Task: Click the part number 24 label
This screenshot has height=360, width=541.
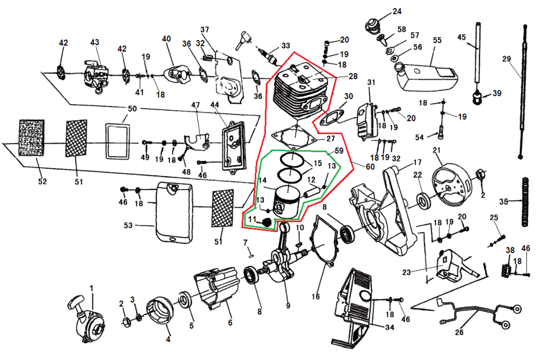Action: click(x=397, y=11)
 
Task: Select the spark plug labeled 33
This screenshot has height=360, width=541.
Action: click(x=268, y=56)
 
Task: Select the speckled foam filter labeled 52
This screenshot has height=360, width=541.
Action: click(x=31, y=137)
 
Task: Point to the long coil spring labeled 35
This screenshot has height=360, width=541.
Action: click(x=526, y=201)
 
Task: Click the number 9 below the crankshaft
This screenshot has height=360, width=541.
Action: click(x=288, y=305)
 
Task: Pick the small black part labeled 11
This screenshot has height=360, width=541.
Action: click(x=266, y=222)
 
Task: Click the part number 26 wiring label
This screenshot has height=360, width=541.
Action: click(x=459, y=332)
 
